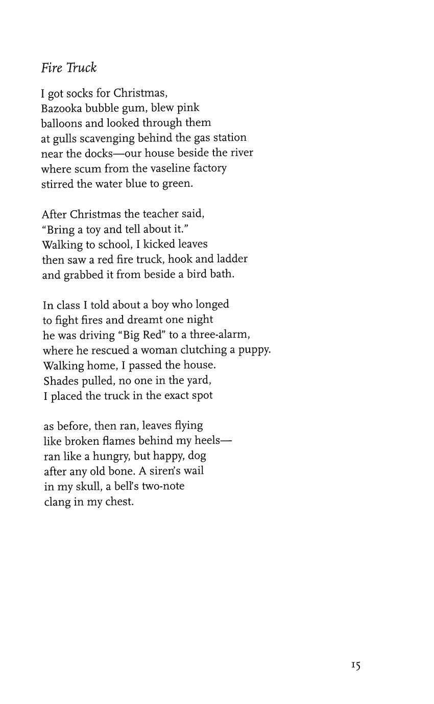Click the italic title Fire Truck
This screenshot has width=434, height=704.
[x=69, y=68]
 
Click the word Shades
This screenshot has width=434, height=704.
[x=61, y=380]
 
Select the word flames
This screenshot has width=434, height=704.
[x=118, y=441]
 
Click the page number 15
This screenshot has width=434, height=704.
[x=356, y=665]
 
